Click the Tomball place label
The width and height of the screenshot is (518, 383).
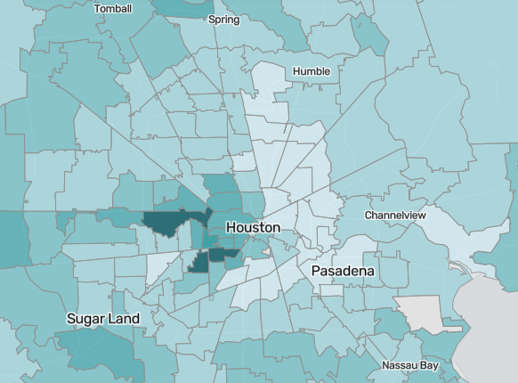(x=113, y=9)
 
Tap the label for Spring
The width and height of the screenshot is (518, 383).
(x=223, y=19)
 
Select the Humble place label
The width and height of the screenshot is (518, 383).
(x=312, y=71)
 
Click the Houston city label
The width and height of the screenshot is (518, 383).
(x=254, y=228)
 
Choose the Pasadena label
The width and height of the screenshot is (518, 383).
(x=343, y=270)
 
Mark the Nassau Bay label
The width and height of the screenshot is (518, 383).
(x=411, y=366)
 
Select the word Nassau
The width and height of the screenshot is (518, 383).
(x=401, y=366)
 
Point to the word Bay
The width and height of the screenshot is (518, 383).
(x=432, y=366)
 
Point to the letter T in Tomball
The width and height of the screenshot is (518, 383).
(x=97, y=9)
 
